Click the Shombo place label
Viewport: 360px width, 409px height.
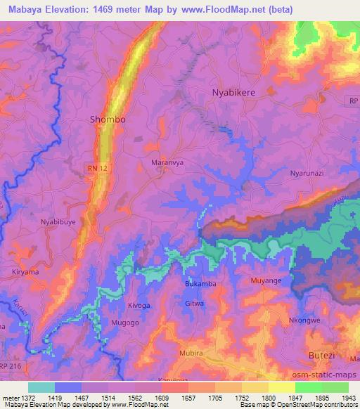108,119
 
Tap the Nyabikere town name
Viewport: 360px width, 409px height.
237,93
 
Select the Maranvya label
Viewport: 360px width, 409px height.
167,162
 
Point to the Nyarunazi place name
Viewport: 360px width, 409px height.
308,172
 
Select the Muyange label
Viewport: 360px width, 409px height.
266,281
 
